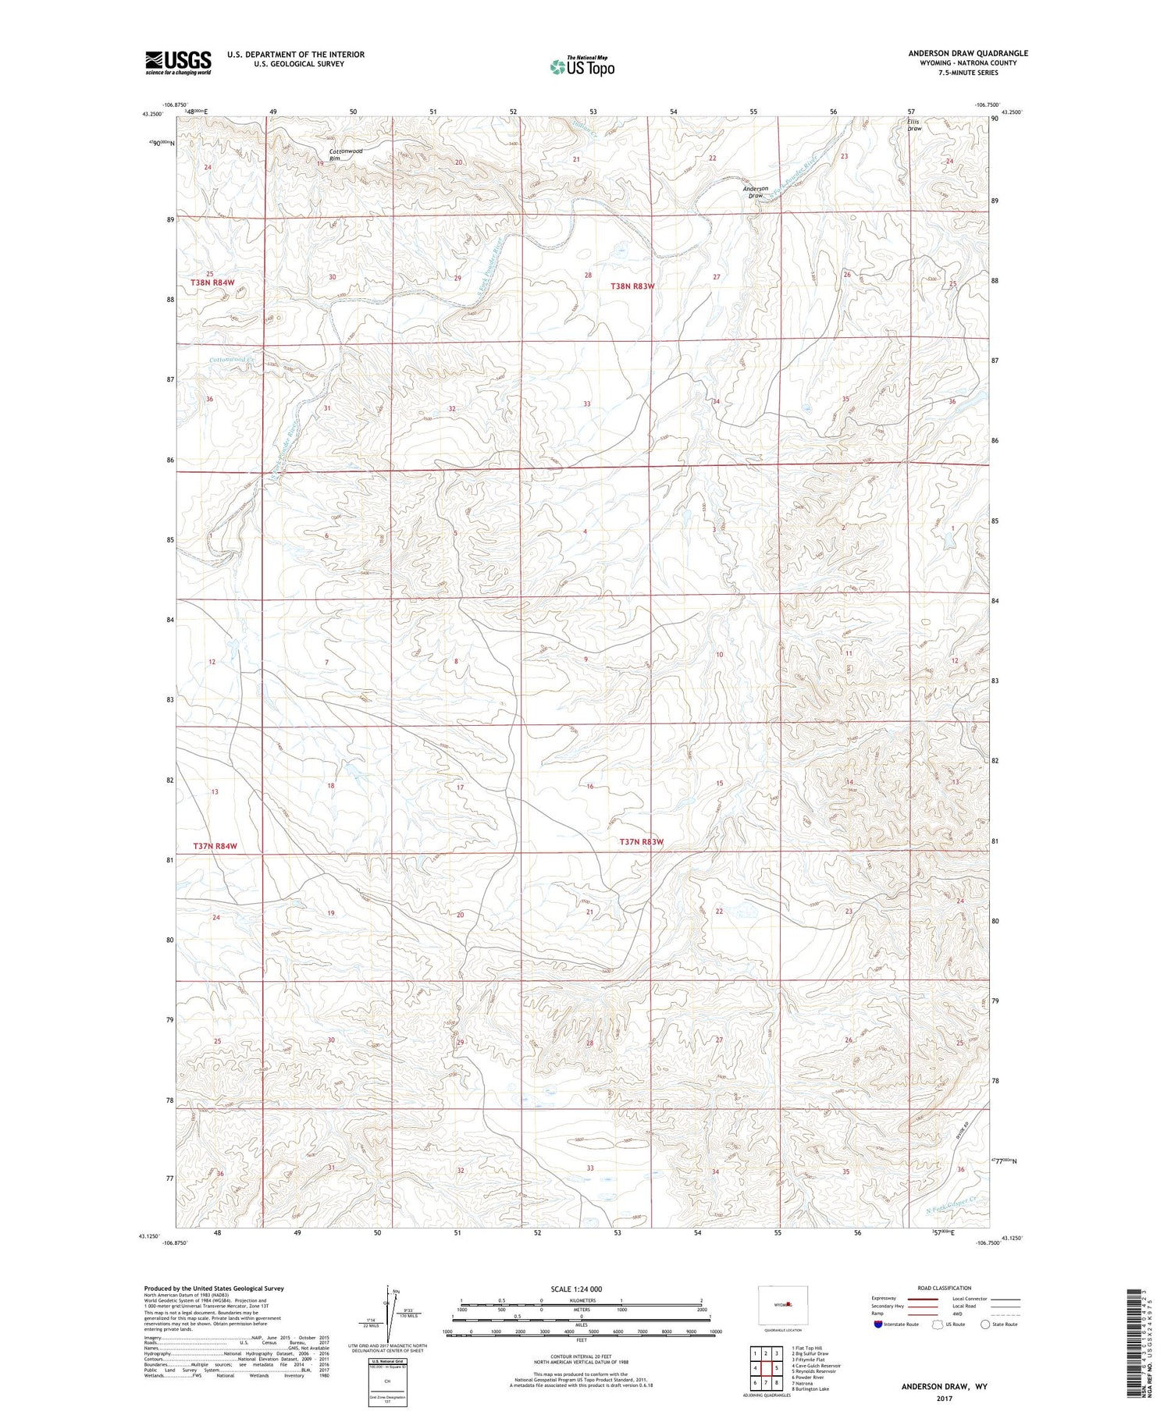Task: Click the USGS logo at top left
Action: pos(178,62)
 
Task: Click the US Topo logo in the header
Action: pos(582,66)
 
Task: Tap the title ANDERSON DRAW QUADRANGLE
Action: pos(967,53)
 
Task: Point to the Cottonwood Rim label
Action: pos(346,155)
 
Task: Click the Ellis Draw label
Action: pos(913,125)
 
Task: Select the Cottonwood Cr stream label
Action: pos(233,360)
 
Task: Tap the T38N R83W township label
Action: pos(632,286)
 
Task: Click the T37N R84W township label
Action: pos(214,846)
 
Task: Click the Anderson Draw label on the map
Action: pos(755,192)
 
